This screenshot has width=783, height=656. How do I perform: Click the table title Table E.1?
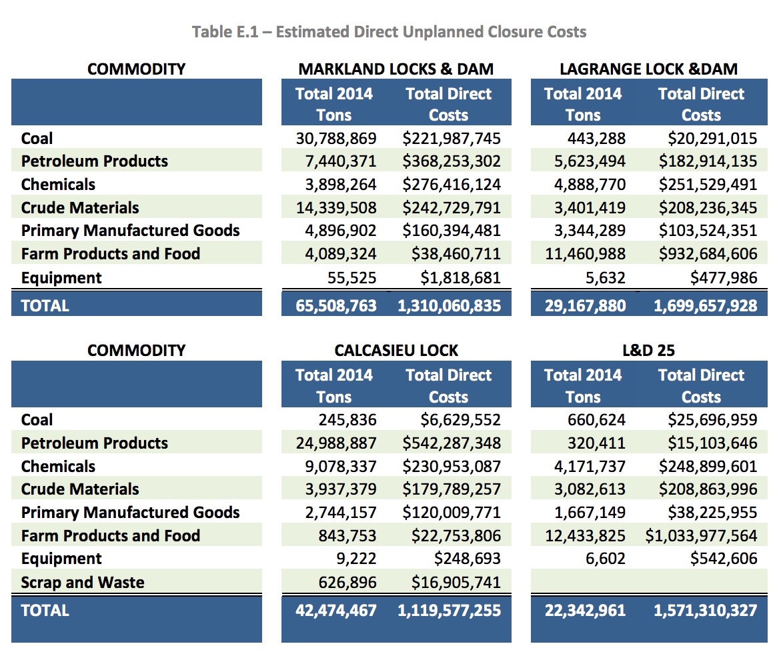[225, 32]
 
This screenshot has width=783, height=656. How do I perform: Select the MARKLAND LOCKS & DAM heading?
[396, 69]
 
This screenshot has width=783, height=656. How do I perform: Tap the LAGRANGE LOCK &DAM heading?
[649, 69]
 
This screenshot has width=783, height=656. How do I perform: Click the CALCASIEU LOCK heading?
[396, 351]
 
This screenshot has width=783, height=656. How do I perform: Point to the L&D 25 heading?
[649, 351]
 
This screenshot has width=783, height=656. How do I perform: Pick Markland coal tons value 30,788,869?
[336, 138]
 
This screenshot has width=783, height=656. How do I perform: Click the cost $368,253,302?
[452, 161]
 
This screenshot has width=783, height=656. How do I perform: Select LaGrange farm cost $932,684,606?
[708, 253]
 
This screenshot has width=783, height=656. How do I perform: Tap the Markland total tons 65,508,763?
[336, 305]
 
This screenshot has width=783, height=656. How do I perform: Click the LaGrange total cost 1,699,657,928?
[706, 305]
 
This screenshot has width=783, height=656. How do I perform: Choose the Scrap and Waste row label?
[83, 582]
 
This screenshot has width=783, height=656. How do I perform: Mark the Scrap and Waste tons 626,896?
[347, 582]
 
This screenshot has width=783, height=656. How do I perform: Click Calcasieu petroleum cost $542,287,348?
[452, 443]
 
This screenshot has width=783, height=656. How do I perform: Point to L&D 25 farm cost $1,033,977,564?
[701, 536]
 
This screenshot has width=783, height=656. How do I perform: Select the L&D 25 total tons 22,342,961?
[585, 610]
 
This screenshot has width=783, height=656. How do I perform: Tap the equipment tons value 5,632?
[605, 277]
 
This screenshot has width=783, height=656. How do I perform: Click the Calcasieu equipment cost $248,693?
[468, 558]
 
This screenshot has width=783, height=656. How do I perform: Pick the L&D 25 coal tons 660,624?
[596, 420]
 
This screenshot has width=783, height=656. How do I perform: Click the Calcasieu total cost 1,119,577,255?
[449, 610]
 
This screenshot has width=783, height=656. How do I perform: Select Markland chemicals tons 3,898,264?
[341, 185]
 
